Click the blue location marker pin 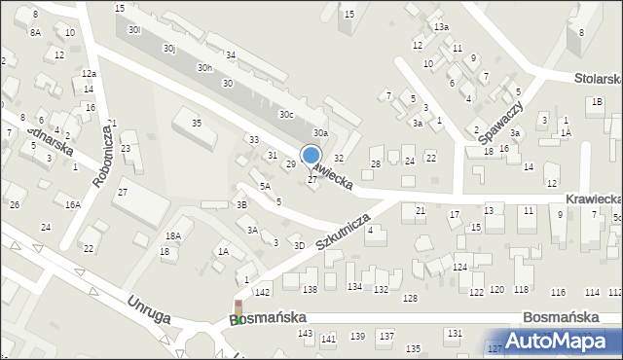tap(311, 157)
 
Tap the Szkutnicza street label tap(342, 232)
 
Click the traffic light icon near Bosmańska tap(238, 310)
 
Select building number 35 tap(196, 123)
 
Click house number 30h tap(204, 68)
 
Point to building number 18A tap(172, 236)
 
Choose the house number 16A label tap(72, 204)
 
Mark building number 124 tap(459, 267)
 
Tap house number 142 tap(262, 292)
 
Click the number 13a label tap(442, 27)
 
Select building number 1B tap(597, 101)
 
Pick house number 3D tap(300, 245)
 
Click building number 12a tap(89, 74)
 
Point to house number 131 tap(454, 334)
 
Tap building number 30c tap(286, 115)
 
